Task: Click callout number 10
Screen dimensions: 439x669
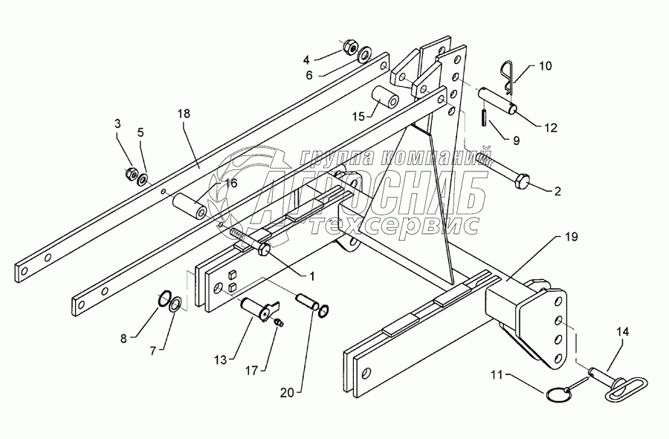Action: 545,66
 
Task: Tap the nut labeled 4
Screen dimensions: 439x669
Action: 349,48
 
